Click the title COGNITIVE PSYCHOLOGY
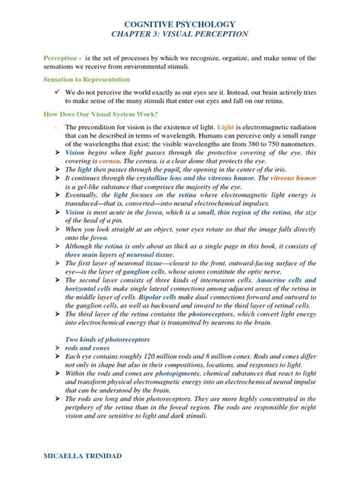click(179, 24)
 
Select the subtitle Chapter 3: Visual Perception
click(179, 35)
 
